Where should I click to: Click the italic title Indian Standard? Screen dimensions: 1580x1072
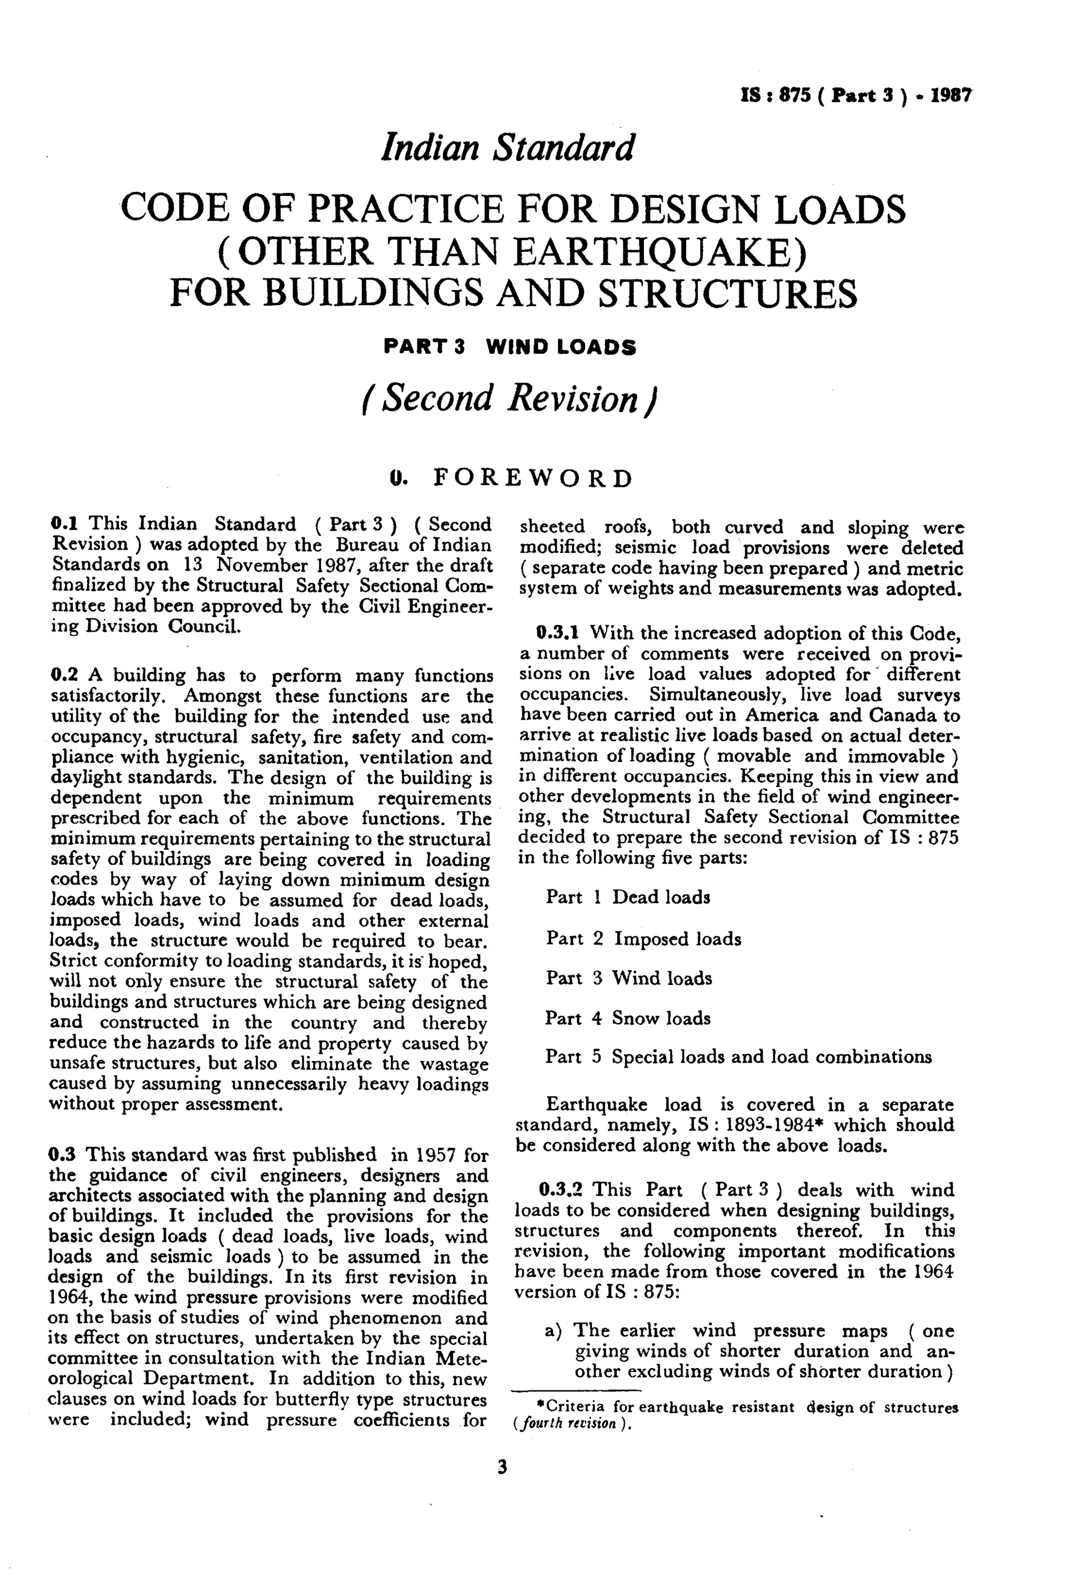coord(507,148)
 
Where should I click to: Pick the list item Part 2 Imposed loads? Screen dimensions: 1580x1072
coord(643,939)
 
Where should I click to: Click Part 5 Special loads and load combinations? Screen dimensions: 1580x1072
coord(738,1057)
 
